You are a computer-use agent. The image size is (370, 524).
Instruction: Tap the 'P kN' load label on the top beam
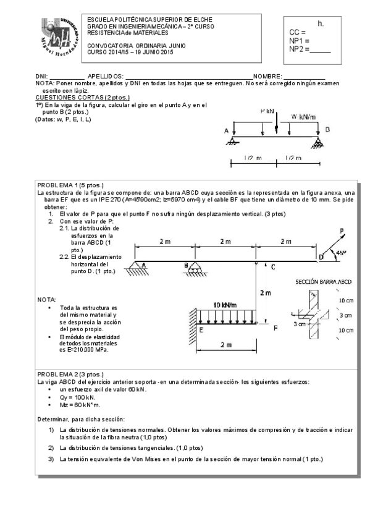(x=267, y=112)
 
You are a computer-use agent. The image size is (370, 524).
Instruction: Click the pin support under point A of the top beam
(x=233, y=140)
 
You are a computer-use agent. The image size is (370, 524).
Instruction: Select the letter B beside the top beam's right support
(x=327, y=130)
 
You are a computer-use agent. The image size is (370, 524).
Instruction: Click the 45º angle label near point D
(x=340, y=252)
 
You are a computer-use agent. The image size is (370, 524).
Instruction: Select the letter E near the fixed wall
(x=201, y=330)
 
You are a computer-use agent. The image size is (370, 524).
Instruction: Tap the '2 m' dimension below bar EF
(x=225, y=344)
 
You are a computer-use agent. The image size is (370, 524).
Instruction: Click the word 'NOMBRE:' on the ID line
(x=267, y=75)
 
